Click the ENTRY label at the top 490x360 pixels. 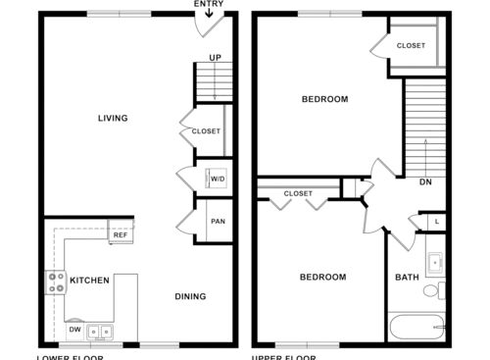[208, 5]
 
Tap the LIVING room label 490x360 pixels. [113, 119]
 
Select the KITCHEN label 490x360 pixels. [89, 281]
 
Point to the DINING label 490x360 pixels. [190, 296]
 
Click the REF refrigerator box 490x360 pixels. [121, 235]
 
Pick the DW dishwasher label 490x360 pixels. [74, 330]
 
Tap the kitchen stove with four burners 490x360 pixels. [54, 283]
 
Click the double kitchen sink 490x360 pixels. [99, 332]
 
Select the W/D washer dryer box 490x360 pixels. [217, 179]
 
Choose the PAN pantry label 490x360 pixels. [218, 222]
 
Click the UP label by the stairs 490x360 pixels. [215, 58]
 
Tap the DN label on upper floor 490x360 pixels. [425, 181]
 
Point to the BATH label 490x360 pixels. [407, 278]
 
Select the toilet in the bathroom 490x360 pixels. [442, 290]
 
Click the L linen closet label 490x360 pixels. [436, 222]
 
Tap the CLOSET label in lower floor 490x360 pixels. [206, 131]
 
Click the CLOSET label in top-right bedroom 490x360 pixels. [411, 46]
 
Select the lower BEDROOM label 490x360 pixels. [322, 278]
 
